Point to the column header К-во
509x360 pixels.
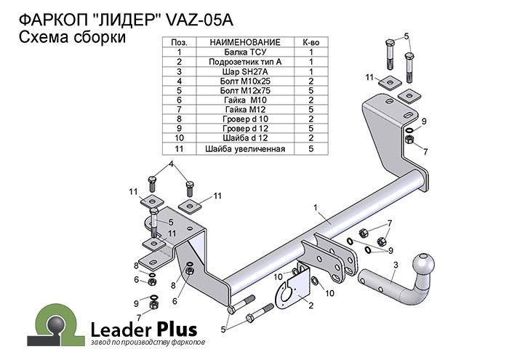click(x=310, y=44)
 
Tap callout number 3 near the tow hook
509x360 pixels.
click(x=394, y=265)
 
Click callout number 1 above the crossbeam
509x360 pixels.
click(x=316, y=209)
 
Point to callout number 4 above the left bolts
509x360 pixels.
click(x=172, y=164)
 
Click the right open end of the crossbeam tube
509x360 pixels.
click(x=417, y=179)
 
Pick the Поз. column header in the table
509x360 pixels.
click(x=178, y=44)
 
